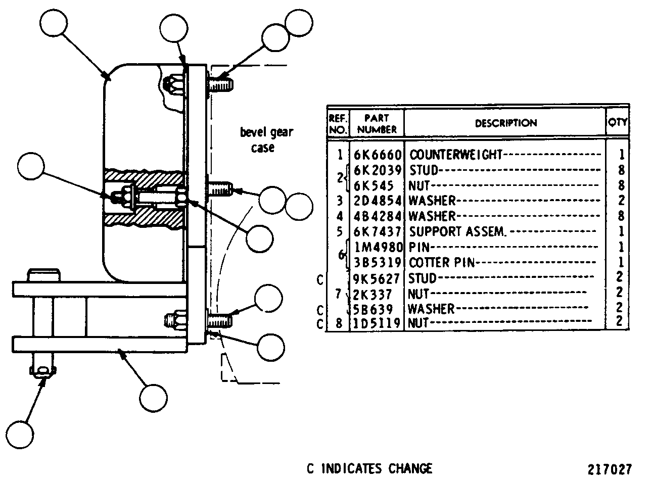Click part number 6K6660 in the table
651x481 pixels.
pyautogui.click(x=378, y=155)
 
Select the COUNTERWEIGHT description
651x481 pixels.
pyautogui.click(x=456, y=155)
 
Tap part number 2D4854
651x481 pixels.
pyautogui.click(x=378, y=201)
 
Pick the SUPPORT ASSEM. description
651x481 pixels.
pyautogui.click(x=458, y=231)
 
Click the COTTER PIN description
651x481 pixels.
pyautogui.click(x=442, y=262)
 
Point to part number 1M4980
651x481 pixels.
pyautogui.click(x=379, y=247)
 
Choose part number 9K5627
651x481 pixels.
pyautogui.click(x=376, y=278)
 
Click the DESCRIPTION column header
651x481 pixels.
pyautogui.click(x=506, y=123)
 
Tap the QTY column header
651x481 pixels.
pyautogui.click(x=618, y=122)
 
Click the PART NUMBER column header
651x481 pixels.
pyautogui.click(x=377, y=124)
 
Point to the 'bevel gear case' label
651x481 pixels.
pyautogui.click(x=266, y=139)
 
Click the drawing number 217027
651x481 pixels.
pyautogui.click(x=610, y=469)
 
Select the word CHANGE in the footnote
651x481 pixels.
pyautogui.click(x=410, y=468)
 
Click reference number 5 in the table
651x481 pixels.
pyautogui.click(x=340, y=232)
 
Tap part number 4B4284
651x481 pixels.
pyautogui.click(x=378, y=216)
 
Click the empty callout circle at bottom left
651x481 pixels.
pyautogui.click(x=20, y=435)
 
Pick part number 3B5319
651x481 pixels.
pyautogui.click(x=378, y=262)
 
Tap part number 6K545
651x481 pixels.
pyautogui.click(x=374, y=185)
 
